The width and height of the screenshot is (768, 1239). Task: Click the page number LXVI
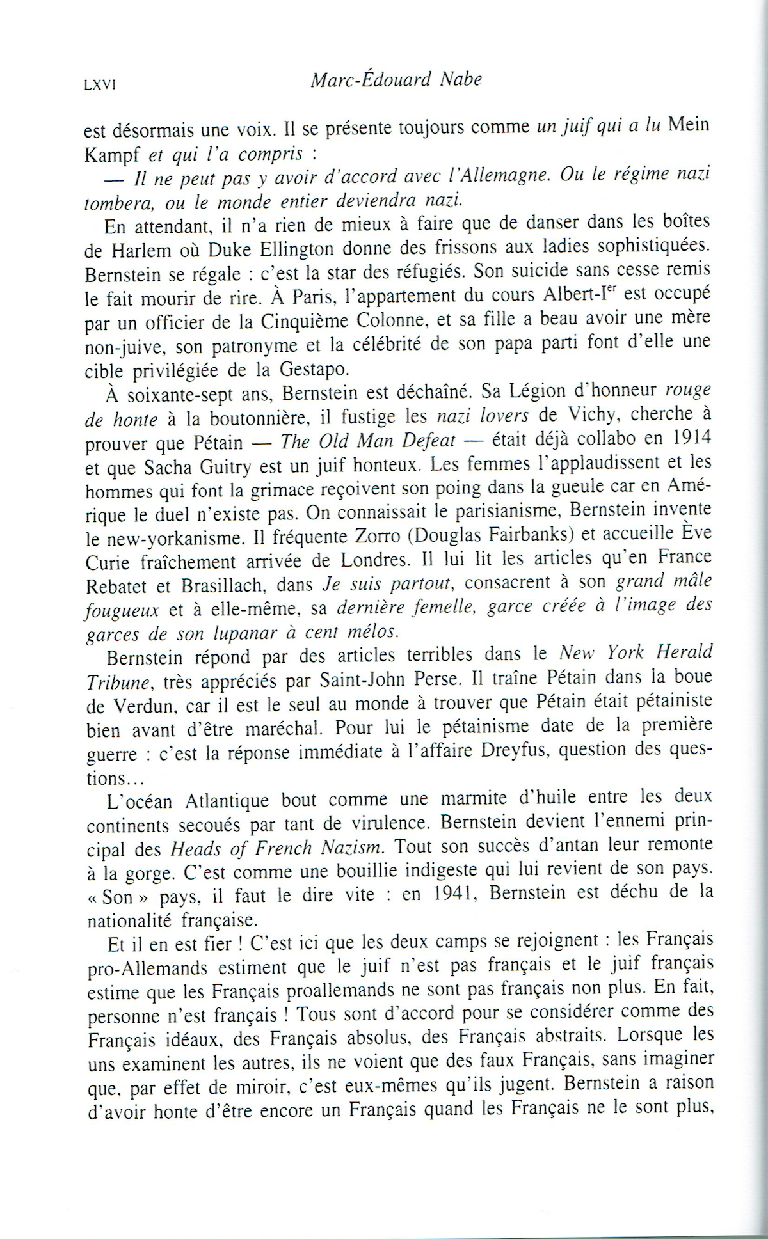pos(99,85)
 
